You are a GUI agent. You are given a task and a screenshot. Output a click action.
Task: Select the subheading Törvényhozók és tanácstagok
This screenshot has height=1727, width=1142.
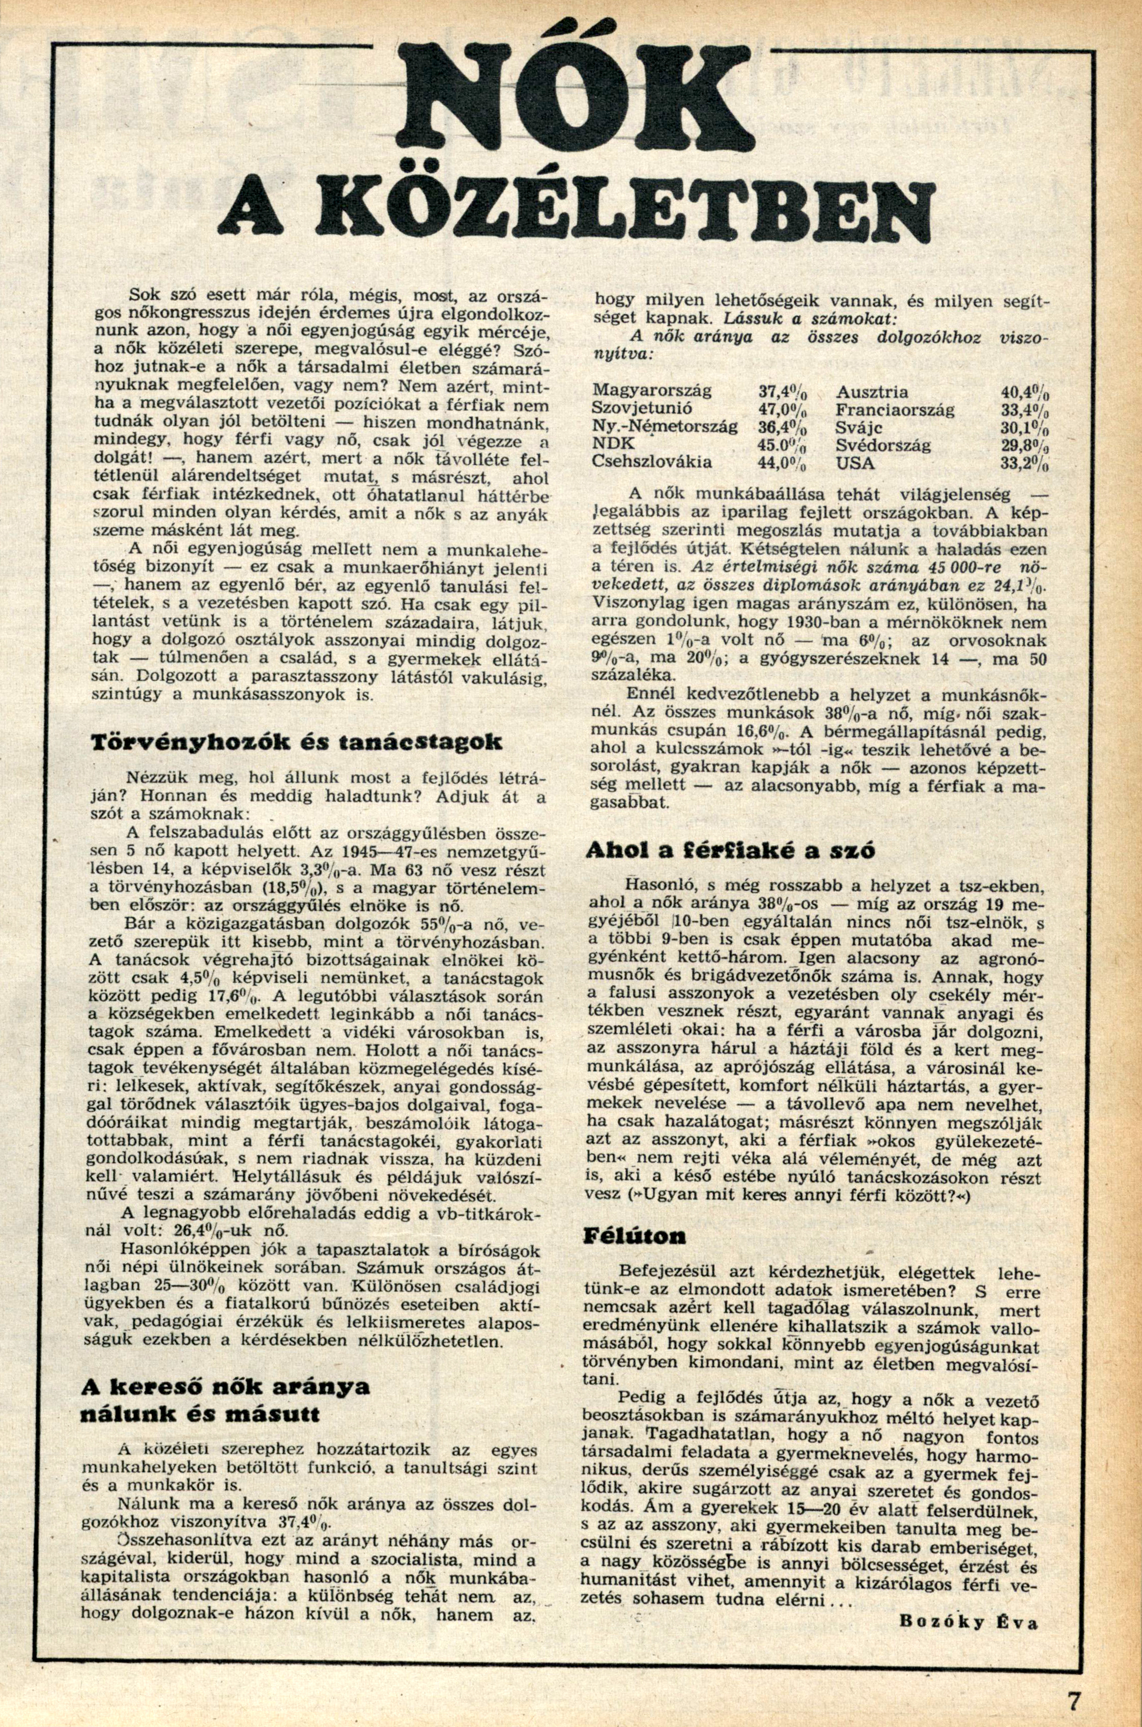point(295,743)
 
